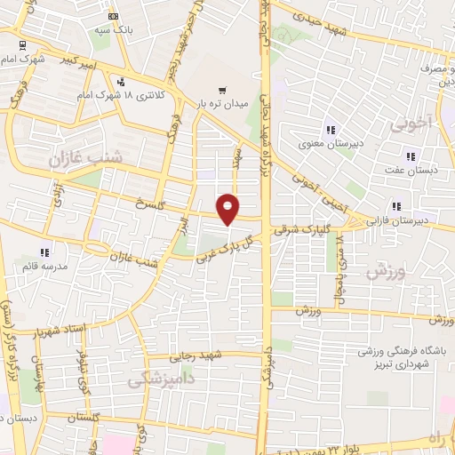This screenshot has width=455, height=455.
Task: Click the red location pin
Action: coord(228,208)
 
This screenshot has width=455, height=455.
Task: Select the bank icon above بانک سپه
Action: coord(112,16)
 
